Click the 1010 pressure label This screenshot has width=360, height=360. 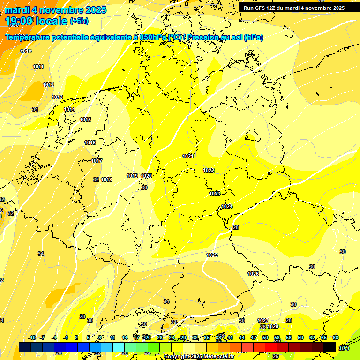point(26,51)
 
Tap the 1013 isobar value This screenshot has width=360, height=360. point(57,97)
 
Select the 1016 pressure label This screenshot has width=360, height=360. point(90,142)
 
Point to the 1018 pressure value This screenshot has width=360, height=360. point(106,180)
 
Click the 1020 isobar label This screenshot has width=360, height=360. point(146,176)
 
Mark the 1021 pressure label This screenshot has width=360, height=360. point(188,156)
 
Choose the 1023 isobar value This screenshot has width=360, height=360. point(215,194)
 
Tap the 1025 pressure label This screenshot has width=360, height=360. point(212,255)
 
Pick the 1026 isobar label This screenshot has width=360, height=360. point(253,274)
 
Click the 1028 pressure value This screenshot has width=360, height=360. point(273,326)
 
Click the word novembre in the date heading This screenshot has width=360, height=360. point(56,10)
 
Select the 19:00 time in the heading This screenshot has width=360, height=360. point(19,21)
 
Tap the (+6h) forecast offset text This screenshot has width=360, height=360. point(79,21)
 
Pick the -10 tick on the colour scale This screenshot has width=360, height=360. point(32,337)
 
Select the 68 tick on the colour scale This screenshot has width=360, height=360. point(336,337)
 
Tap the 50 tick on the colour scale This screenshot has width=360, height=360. point(265,337)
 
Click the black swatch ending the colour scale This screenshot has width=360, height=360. point(330,347)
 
